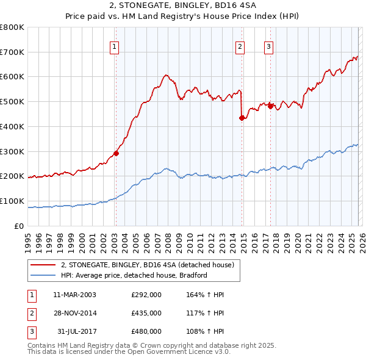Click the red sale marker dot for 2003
[116, 153]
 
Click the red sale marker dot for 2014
[242, 118]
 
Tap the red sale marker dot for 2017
[270, 106]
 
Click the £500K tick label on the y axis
[12, 102]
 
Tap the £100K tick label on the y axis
[12, 201]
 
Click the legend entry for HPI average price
[134, 275]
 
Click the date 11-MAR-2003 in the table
[74, 295]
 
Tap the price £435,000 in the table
[146, 313]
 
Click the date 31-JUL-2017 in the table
[74, 332]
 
